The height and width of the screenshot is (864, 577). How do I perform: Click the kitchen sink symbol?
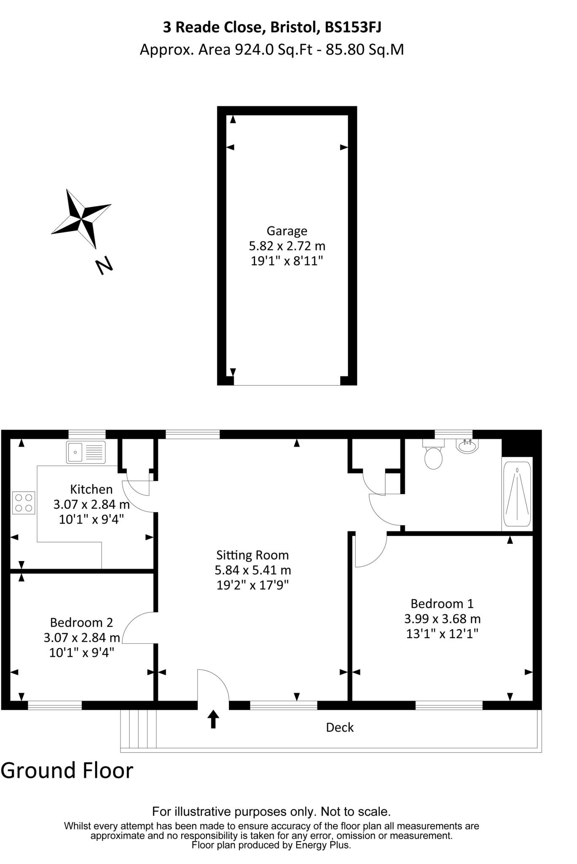pyautogui.click(x=86, y=452)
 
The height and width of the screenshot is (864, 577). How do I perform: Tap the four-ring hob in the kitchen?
pyautogui.click(x=24, y=503)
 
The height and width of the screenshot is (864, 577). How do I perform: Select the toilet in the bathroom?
pyautogui.click(x=433, y=455)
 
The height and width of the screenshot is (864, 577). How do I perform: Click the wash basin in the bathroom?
pyautogui.click(x=467, y=446)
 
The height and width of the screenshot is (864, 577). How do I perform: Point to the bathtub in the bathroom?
pyautogui.click(x=517, y=494)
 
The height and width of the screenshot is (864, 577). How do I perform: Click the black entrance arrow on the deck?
pyautogui.click(x=213, y=719)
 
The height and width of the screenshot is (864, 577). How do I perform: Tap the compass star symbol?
pyautogui.click(x=81, y=219)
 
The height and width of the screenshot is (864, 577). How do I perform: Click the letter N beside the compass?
pyautogui.click(x=104, y=265)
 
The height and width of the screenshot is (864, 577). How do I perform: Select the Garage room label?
pyautogui.click(x=287, y=231)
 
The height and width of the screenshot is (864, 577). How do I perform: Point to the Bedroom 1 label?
pyautogui.click(x=442, y=604)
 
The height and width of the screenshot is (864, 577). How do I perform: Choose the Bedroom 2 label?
pyautogui.click(x=81, y=622)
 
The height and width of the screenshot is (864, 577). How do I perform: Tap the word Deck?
pyautogui.click(x=340, y=727)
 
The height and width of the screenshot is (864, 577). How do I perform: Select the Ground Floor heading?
pyautogui.click(x=67, y=770)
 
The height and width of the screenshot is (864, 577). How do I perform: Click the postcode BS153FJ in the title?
pyautogui.click(x=353, y=28)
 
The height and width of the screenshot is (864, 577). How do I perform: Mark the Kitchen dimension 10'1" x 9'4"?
pyautogui.click(x=91, y=519)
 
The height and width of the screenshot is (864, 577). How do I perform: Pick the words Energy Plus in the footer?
pyautogui.click(x=322, y=845)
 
